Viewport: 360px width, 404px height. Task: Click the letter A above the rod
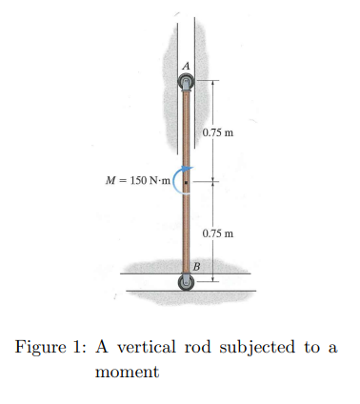point(187,66)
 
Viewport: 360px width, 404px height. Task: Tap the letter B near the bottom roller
point(196,265)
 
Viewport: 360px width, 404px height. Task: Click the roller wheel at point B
point(187,281)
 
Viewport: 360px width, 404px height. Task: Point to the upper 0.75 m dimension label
point(218,131)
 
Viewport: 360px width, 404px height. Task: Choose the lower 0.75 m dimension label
point(218,232)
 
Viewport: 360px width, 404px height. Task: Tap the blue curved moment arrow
point(176,181)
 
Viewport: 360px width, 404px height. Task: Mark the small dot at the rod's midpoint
point(187,181)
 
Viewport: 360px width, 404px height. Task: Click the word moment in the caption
point(127,372)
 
